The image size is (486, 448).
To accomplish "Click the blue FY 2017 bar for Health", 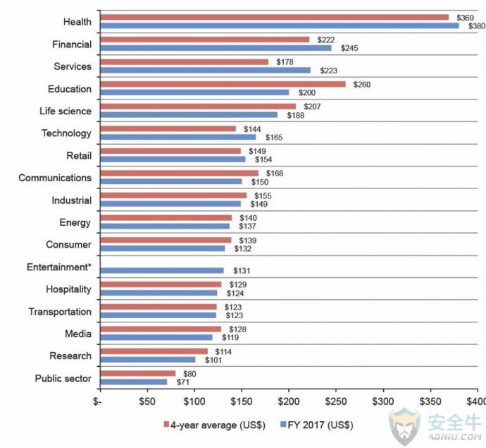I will coord(280,25).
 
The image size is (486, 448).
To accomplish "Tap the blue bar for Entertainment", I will coord(162,270).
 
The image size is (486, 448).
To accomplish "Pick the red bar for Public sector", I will coord(138,374).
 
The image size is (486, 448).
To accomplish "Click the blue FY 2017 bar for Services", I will coord(206,70).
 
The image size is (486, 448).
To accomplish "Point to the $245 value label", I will coord(349,48).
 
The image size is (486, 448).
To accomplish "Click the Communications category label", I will coord(55,178).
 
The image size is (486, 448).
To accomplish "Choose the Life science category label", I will coord(66,111).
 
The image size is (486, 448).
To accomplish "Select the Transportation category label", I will coord(60,312).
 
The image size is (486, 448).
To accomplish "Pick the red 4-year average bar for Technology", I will coord(168,129).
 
